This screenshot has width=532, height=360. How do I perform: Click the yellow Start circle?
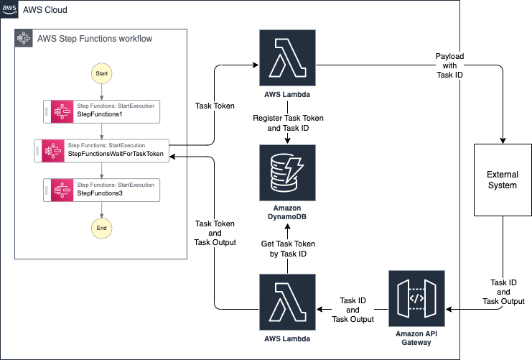[x=102, y=73]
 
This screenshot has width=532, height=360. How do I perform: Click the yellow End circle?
[x=102, y=228]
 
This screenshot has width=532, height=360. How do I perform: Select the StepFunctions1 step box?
[x=101, y=111]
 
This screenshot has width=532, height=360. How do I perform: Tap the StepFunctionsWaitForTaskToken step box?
[x=101, y=150]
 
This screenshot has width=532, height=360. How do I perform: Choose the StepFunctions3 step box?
[x=101, y=190]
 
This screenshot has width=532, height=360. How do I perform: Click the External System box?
[x=502, y=180]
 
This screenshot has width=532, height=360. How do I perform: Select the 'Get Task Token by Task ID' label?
[x=287, y=249]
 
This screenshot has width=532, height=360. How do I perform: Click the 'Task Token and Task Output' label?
[x=216, y=232]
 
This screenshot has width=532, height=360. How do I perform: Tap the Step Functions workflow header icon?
[x=24, y=39]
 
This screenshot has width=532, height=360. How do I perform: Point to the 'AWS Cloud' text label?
[x=45, y=11]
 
